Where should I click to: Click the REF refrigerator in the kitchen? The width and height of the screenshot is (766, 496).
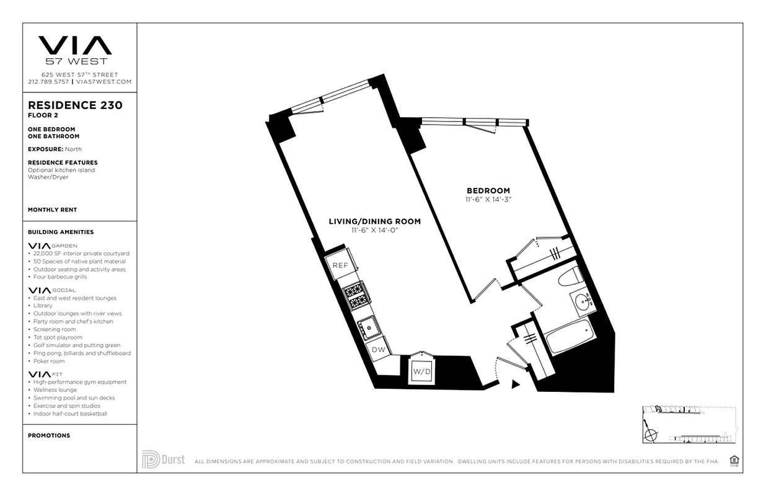[x=339, y=265]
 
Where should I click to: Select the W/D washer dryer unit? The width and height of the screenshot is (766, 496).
[x=421, y=371]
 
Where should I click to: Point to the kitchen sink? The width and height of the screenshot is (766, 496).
[x=368, y=325]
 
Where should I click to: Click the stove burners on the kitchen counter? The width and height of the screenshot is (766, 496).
[x=356, y=296]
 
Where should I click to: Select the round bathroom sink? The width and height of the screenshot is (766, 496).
[x=583, y=303]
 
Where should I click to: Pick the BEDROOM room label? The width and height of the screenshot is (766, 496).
[x=488, y=190]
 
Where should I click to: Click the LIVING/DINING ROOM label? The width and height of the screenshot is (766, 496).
[x=375, y=221]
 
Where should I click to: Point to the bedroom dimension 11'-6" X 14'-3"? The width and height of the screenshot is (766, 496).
[x=488, y=200]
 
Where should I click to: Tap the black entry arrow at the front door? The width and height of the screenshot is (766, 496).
[x=514, y=385]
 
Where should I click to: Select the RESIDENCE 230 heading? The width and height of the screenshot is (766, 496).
[x=75, y=105]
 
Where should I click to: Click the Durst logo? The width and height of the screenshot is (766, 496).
[x=163, y=460]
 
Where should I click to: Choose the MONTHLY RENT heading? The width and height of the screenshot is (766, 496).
[x=53, y=210]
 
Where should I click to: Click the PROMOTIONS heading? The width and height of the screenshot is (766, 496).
[x=49, y=435]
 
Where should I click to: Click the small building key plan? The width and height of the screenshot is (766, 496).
[x=690, y=424]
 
